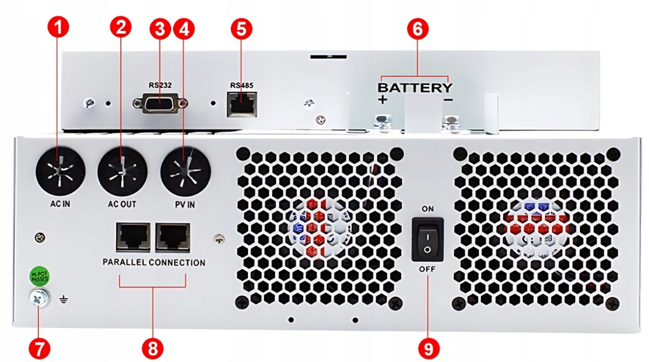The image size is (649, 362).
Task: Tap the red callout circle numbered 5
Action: coord(241,29)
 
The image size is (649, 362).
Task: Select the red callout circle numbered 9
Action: coord(429,347)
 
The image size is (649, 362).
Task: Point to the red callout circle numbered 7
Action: coord(39,347)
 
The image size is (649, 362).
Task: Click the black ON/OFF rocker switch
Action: coord(427,239)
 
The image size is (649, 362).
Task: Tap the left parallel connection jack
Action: coord(133,237)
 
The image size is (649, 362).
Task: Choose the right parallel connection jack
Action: coord(173,237)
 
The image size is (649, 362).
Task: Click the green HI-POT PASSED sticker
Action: coord(39,276)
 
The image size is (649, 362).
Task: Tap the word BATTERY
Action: coord(415,88)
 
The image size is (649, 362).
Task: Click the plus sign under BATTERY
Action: coord(382,100)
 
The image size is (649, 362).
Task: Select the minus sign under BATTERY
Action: coord(448,100)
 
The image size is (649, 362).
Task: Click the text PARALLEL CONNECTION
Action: coord(154,263)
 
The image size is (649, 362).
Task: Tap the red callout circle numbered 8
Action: coord(153,347)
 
